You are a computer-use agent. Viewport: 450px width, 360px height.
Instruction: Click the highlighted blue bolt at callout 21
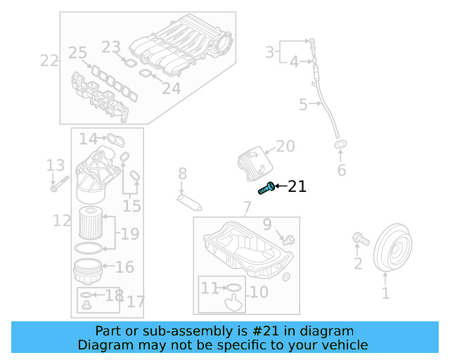pos(266,188)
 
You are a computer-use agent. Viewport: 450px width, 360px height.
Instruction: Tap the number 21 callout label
pos(297,186)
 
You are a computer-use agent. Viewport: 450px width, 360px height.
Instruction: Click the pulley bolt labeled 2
pos(359,240)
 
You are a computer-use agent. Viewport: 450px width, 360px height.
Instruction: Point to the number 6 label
pos(342,170)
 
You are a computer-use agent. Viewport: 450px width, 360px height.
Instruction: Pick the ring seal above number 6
pos(341,146)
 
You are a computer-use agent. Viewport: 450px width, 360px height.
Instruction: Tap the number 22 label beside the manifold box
pos(49,60)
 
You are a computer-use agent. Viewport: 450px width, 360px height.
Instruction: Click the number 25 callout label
pos(77,52)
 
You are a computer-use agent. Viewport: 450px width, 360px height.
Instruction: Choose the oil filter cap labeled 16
pos(89,269)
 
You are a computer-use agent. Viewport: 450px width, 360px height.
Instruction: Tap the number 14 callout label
pos(88,139)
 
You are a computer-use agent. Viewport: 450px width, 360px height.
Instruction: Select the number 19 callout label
pos(129,233)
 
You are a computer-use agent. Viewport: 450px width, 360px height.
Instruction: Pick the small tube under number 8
pos(189,202)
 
